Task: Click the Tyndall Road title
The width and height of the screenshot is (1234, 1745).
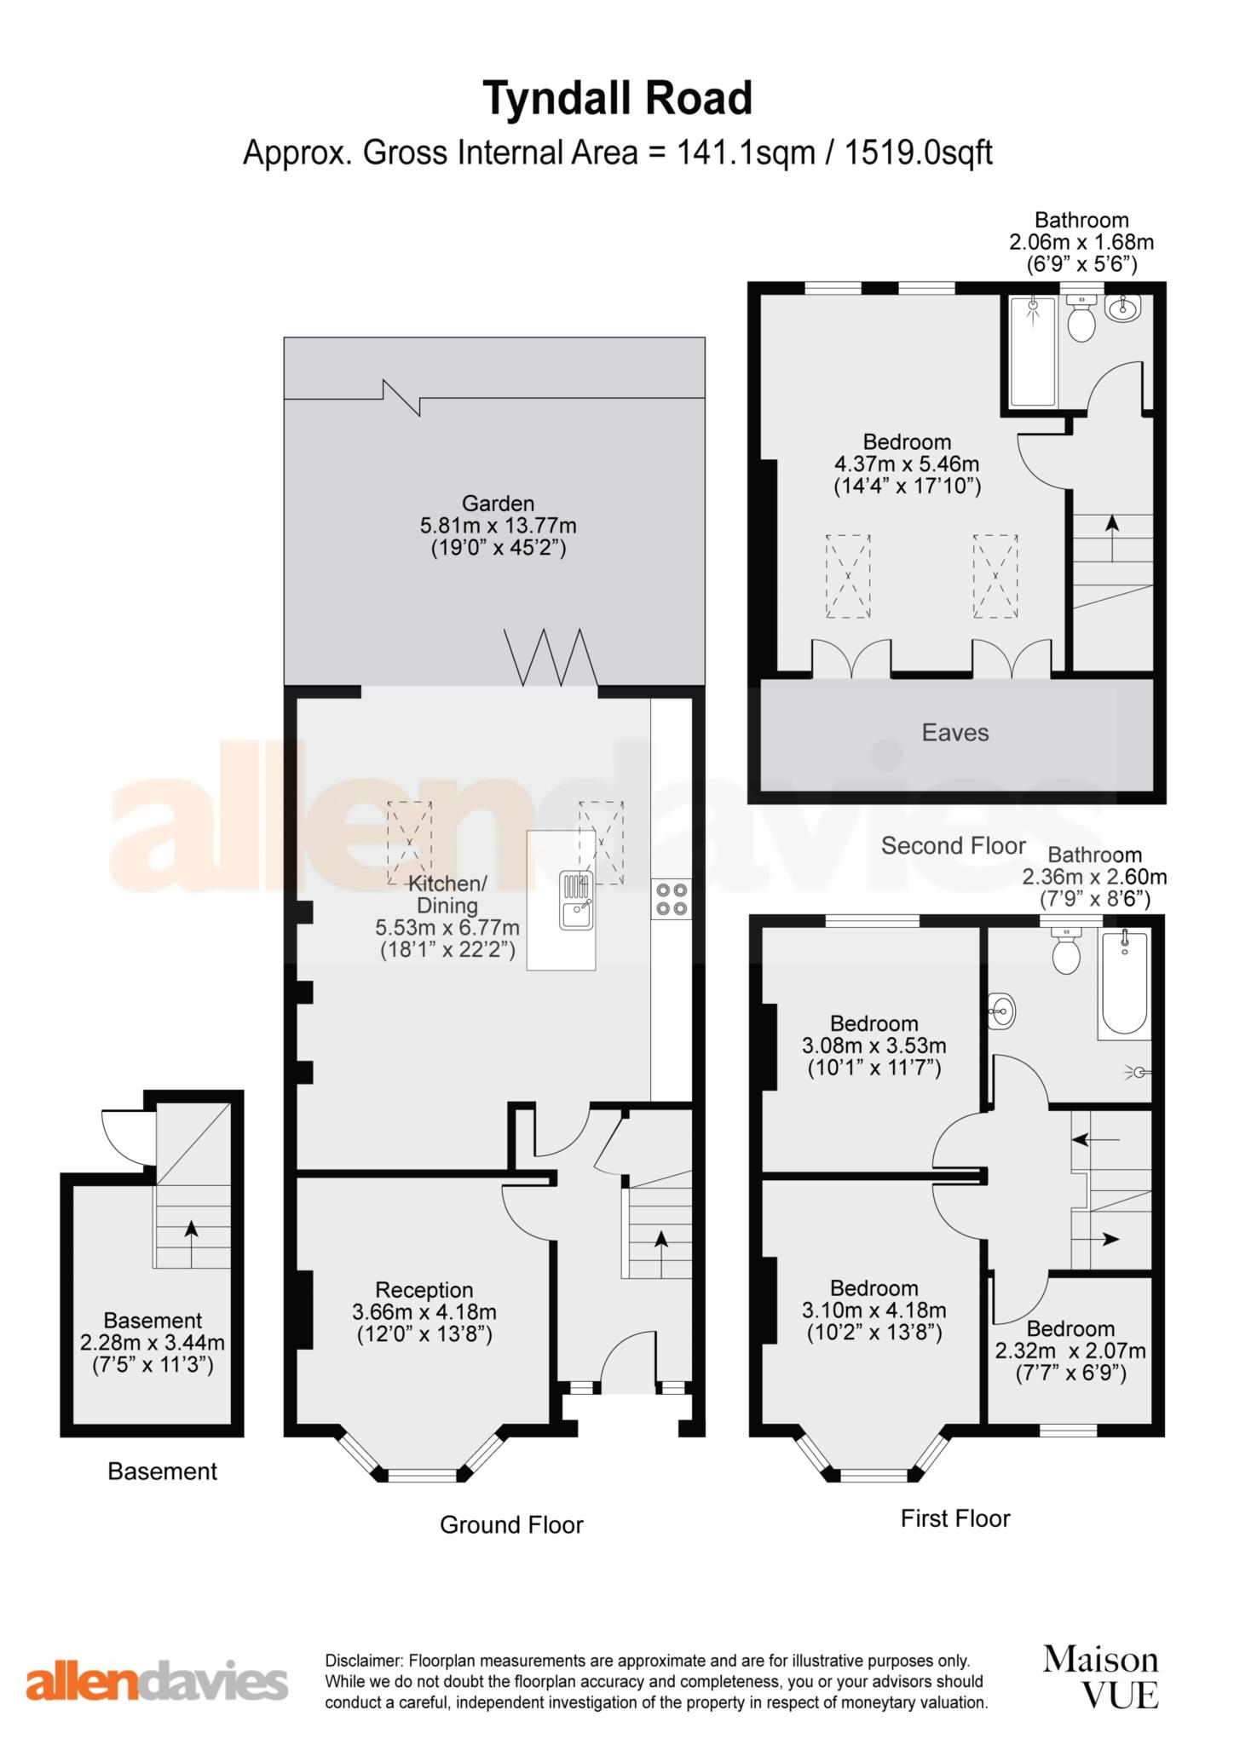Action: tap(618, 100)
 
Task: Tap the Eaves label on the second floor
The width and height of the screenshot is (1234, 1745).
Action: tap(955, 733)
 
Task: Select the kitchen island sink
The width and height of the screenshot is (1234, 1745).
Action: tap(576, 901)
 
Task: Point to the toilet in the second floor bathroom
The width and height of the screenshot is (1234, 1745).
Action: tap(1081, 319)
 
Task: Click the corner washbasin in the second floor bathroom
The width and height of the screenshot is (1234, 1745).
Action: tap(1124, 309)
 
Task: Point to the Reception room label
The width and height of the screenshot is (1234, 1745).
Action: tap(424, 1290)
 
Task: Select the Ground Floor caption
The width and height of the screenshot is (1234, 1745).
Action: tap(511, 1524)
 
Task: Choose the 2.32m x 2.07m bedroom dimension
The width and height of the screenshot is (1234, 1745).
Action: tap(1071, 1351)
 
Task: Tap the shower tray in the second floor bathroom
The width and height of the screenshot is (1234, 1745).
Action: tap(1033, 351)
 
